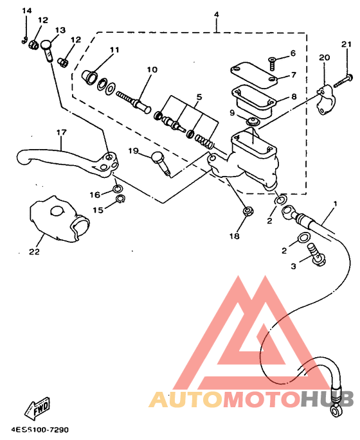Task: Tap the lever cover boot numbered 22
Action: tap(60, 220)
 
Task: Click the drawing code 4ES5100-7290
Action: tap(40, 430)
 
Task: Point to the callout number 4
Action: tap(216, 14)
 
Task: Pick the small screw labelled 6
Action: tap(273, 64)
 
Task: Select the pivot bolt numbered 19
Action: tap(161, 164)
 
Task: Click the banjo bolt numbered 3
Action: tap(316, 254)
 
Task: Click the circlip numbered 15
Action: tap(120, 198)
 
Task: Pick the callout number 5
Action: tap(199, 97)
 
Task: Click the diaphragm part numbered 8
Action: tap(253, 101)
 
